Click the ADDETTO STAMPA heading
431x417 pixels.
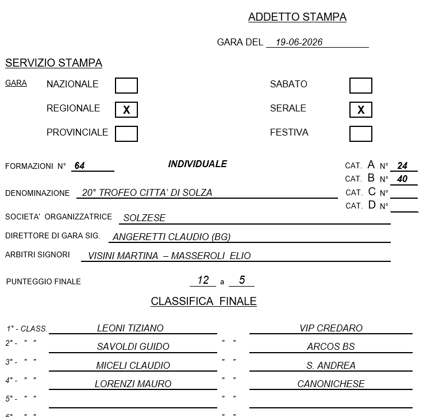point(297,17)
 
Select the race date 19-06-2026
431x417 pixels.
point(299,42)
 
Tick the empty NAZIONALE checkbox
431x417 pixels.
point(126,86)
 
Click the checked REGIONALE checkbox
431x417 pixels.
point(126,110)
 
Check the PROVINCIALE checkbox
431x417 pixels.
point(126,134)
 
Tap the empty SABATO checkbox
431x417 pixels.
point(361,86)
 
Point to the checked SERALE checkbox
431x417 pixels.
point(361,110)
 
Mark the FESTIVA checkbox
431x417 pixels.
point(361,134)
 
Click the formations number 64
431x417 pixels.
point(79,165)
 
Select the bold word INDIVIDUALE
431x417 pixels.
point(198,164)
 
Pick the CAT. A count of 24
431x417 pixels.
point(402,165)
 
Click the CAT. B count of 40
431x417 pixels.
point(402,179)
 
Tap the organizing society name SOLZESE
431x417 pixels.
point(144,218)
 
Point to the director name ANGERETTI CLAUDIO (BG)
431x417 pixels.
point(171,237)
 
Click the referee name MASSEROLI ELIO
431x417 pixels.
point(211,256)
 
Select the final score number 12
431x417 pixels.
point(203,280)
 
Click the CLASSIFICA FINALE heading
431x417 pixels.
point(203,302)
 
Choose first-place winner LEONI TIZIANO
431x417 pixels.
point(130,328)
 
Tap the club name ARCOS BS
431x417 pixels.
point(331,346)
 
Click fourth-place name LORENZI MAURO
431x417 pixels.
point(133,384)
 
